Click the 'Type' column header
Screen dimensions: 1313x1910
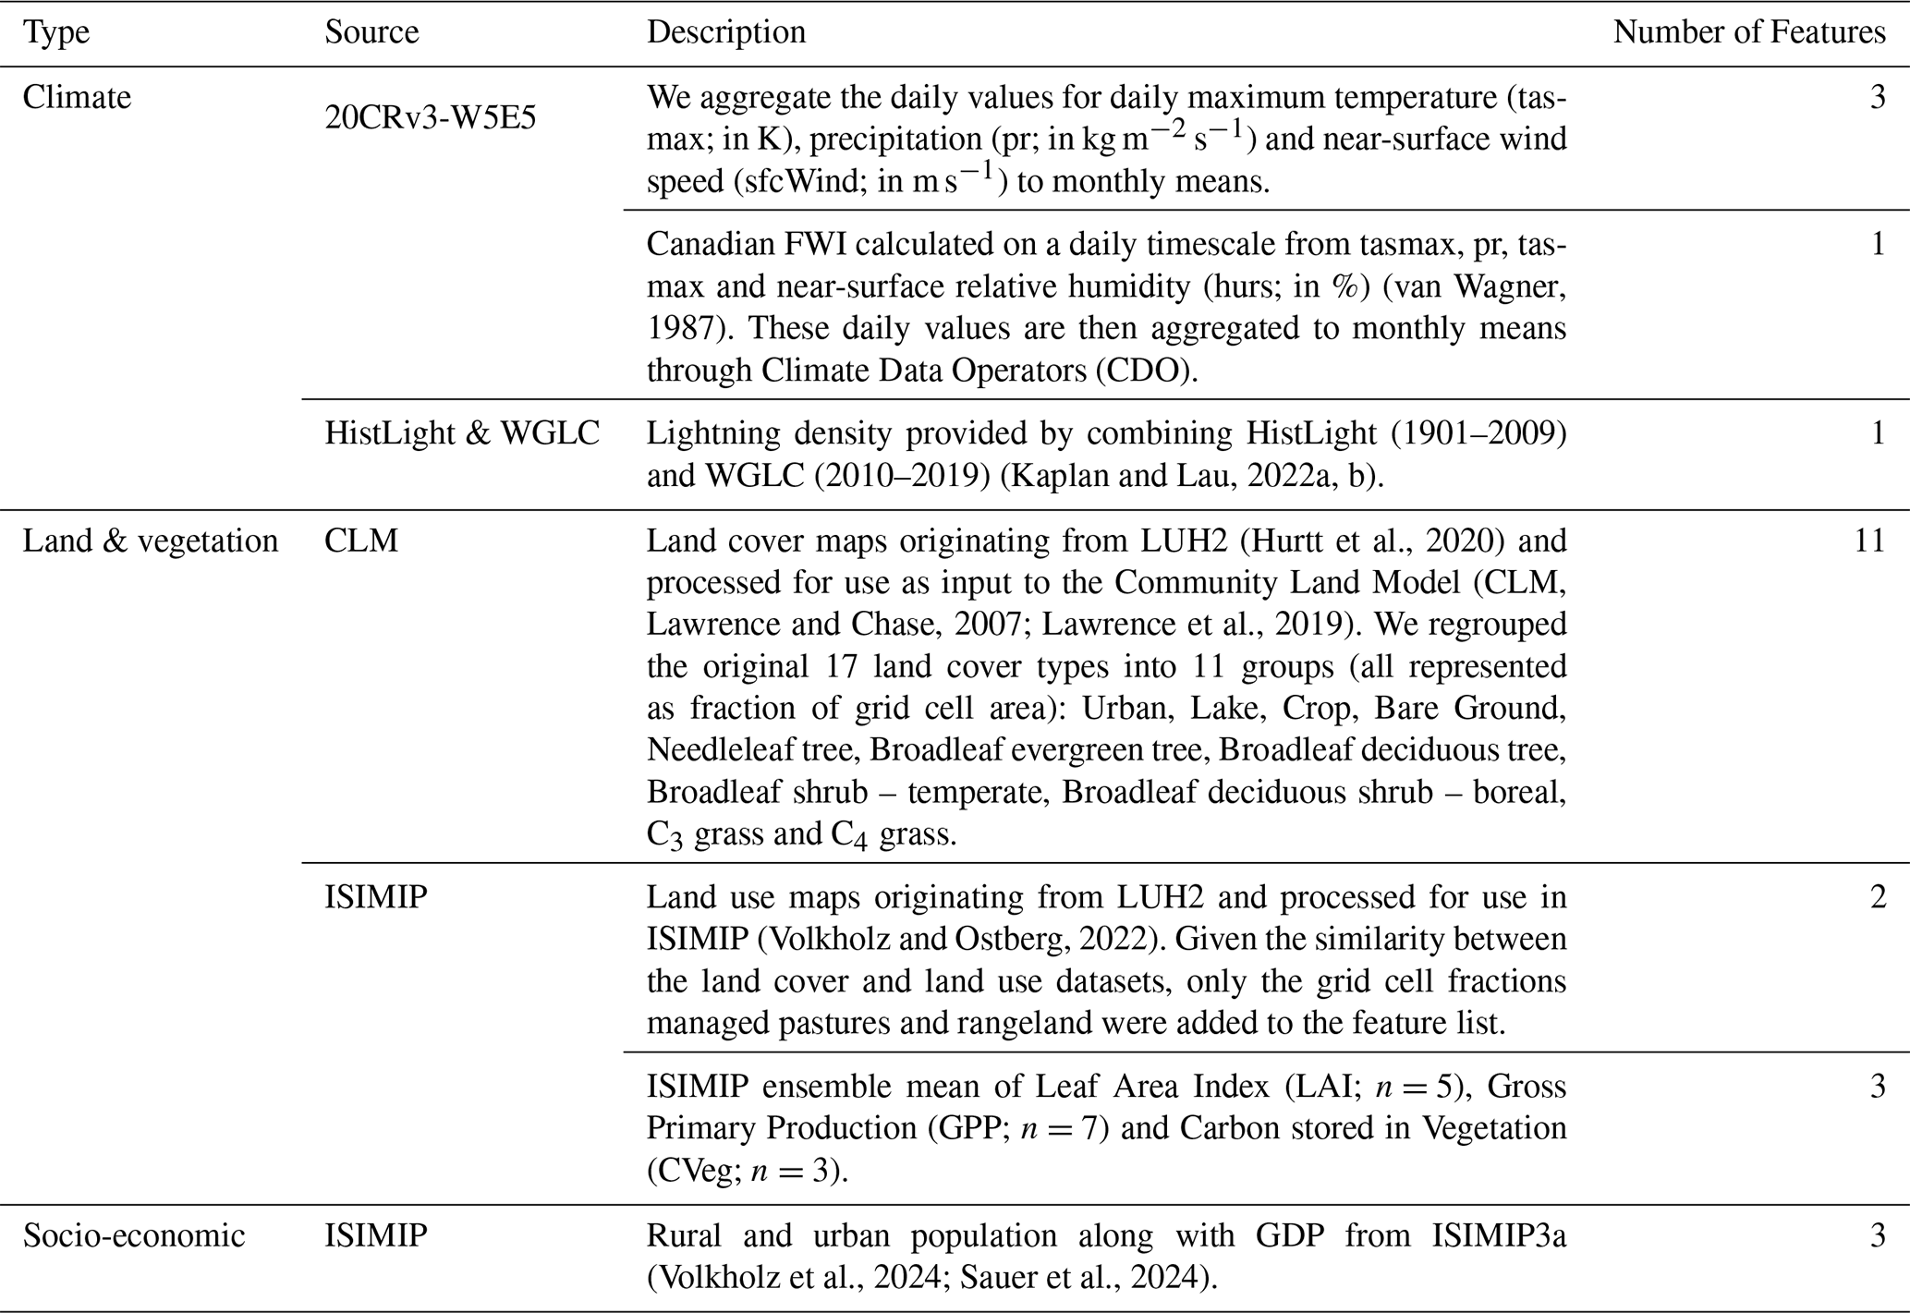pos(55,32)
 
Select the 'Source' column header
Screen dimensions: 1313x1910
pos(371,32)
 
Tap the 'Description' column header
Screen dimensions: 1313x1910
pos(725,32)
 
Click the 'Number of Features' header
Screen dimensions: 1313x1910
pos(1748,32)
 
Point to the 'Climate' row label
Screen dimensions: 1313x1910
pos(77,97)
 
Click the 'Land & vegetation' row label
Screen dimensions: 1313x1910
pos(150,541)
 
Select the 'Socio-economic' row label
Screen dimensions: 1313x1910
pos(134,1235)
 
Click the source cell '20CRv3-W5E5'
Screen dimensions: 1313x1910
pos(430,118)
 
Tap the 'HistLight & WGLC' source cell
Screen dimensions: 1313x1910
pos(462,432)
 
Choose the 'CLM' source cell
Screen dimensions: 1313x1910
pos(361,541)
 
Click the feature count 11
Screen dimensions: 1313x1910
pos(1869,541)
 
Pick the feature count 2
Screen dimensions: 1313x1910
pos(1878,897)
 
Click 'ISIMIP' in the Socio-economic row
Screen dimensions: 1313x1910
pos(376,1235)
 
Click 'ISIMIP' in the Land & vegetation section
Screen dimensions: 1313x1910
pos(376,897)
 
